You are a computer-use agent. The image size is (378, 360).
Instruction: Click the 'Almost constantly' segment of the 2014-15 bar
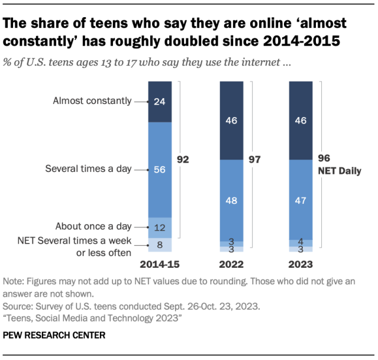click(160, 102)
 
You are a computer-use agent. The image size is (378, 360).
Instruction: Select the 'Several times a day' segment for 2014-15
click(160, 170)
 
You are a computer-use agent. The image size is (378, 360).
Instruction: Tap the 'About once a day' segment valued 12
click(160, 227)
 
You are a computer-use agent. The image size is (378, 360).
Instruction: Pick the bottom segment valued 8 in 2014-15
click(160, 244)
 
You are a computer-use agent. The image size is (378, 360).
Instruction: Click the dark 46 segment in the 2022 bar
click(231, 121)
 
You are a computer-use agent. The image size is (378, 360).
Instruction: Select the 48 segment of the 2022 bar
click(231, 200)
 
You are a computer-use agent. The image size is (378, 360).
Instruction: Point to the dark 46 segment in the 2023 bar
click(300, 121)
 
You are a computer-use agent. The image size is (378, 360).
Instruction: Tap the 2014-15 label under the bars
click(160, 264)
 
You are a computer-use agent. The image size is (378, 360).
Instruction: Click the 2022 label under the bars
click(231, 264)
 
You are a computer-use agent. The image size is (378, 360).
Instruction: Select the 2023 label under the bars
click(300, 264)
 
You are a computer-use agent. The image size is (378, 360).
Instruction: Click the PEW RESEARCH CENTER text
click(54, 335)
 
